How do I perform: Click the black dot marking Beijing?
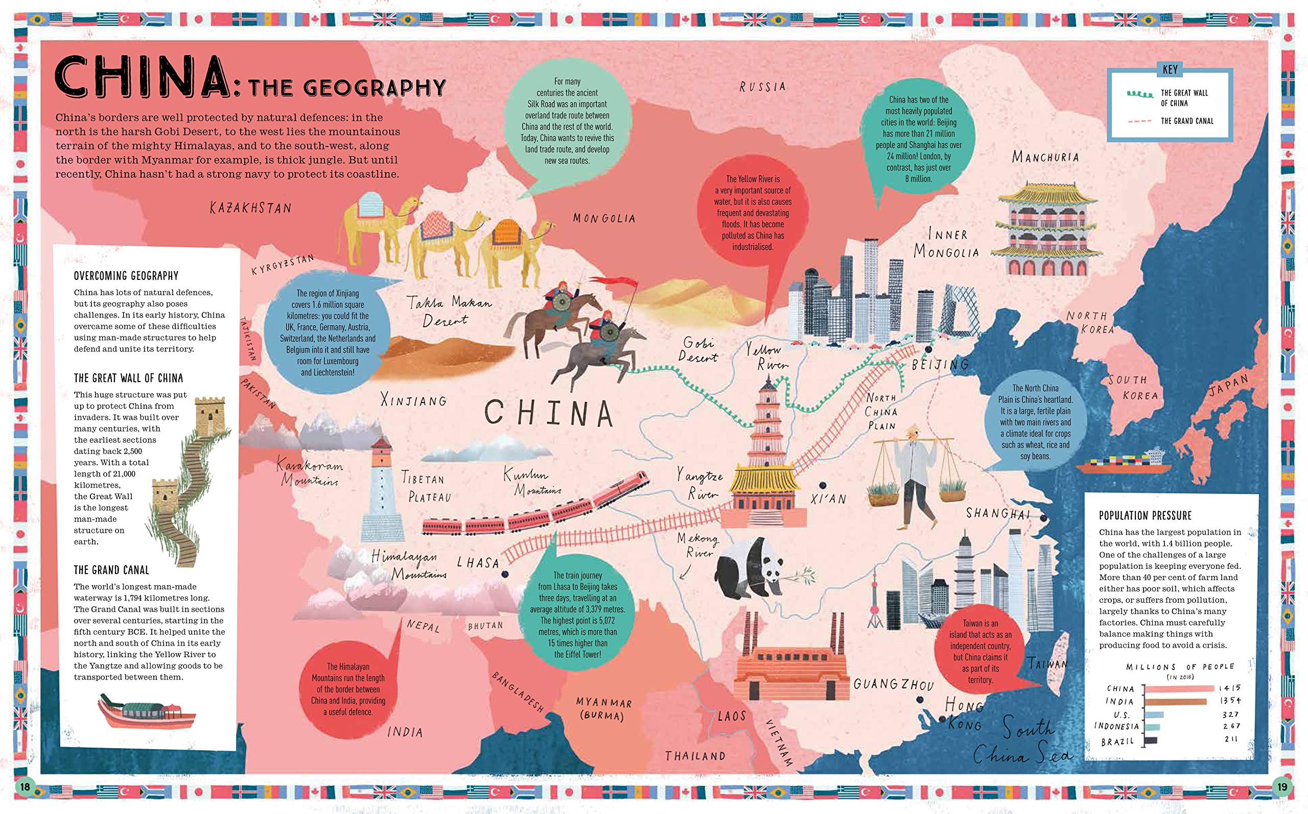pos(927,349)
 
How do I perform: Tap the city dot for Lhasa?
pos(505,575)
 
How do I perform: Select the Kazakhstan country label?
pos(251,207)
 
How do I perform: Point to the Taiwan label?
pos(1047,664)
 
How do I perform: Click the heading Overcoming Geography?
pos(126,276)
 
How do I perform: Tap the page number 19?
pos(1281,787)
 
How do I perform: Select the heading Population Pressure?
pos(1145,516)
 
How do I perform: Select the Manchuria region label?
pos(1045,157)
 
